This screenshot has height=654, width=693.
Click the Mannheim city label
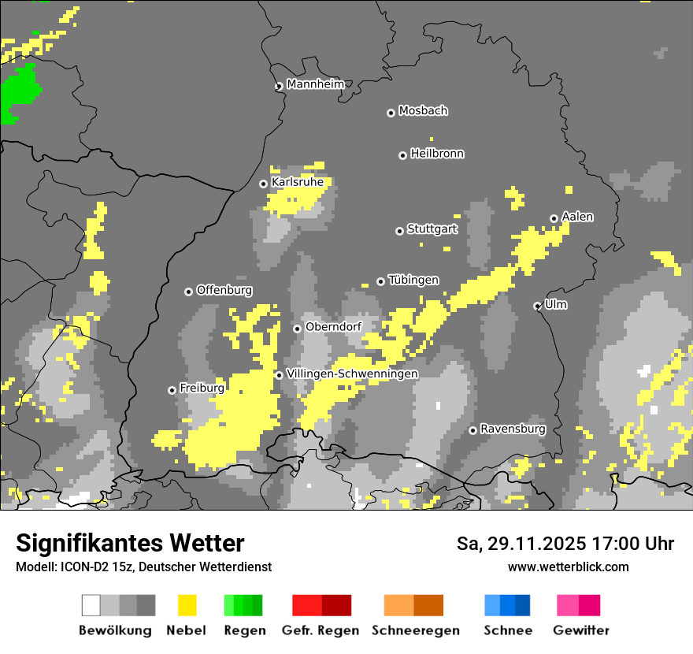click(315, 84)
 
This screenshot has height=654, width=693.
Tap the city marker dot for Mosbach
click(391, 113)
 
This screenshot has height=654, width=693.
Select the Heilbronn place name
click(437, 154)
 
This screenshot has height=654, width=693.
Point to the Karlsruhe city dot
click(264, 184)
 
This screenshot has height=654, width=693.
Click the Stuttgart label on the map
click(432, 229)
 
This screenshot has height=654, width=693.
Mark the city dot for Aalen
click(554, 218)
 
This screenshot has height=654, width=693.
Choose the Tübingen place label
click(413, 281)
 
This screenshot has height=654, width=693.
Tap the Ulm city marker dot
click(537, 306)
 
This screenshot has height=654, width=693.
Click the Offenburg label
click(224, 290)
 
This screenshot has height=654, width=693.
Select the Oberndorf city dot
click(297, 329)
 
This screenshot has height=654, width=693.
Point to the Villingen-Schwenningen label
click(352, 373)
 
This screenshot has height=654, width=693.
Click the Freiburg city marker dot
click(172, 390)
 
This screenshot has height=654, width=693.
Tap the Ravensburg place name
click(513, 429)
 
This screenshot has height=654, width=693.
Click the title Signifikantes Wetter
click(130, 543)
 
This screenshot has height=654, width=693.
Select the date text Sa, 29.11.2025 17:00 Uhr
click(565, 544)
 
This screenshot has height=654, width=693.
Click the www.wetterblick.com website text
click(568, 567)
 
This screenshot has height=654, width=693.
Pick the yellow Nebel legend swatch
click(186, 605)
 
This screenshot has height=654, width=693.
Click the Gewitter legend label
click(580, 630)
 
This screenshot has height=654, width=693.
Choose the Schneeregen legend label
click(415, 630)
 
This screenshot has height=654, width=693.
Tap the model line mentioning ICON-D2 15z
click(143, 567)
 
